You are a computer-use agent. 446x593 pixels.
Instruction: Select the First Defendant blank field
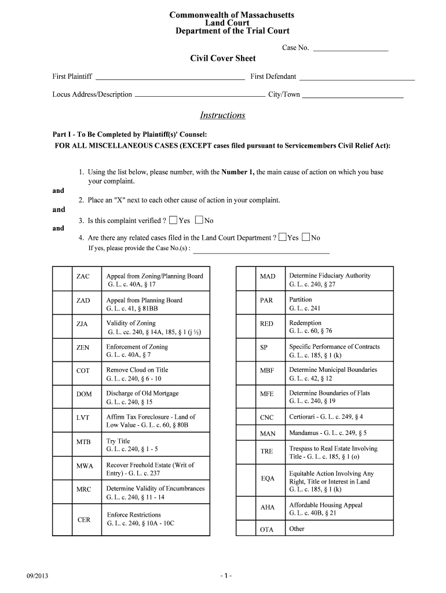[x=357, y=77]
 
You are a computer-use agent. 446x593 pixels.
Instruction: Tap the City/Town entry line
[x=353, y=95]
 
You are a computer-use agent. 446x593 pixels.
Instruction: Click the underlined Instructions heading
[x=222, y=115]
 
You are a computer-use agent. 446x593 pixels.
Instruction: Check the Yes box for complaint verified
[x=173, y=220]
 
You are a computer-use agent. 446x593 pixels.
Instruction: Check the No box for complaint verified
[x=199, y=220]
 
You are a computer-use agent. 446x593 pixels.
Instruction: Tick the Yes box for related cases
[x=282, y=237]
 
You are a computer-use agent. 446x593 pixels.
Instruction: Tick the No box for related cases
[x=305, y=237]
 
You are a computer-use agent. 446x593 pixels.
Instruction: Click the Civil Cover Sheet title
[x=223, y=58]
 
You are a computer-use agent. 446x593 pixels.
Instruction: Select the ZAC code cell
[x=83, y=277]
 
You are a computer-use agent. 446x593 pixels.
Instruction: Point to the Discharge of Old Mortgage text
[x=142, y=394]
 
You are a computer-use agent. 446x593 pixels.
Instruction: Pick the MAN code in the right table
[x=268, y=433]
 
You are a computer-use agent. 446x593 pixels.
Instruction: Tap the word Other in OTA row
[x=297, y=529]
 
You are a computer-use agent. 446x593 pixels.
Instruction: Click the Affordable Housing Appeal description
[x=326, y=505]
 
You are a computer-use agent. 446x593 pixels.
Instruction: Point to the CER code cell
[x=84, y=520]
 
